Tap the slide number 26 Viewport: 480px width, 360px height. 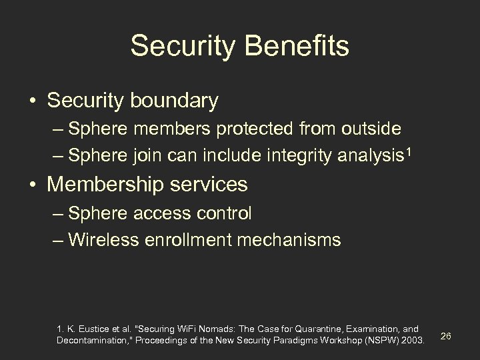point(446,335)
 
